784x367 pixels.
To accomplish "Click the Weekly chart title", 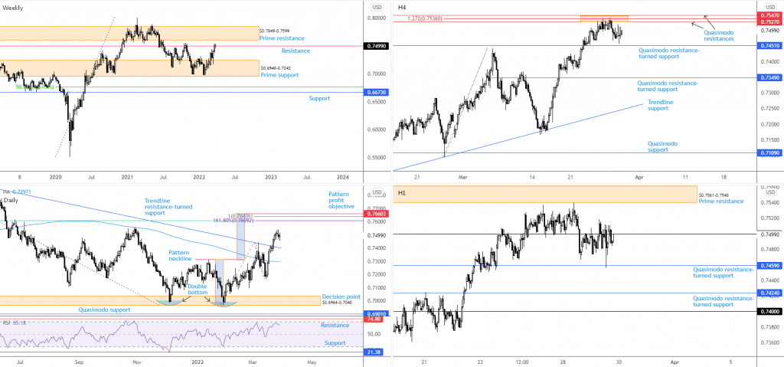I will pyautogui.click(x=13, y=8).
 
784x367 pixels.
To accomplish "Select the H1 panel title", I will pyautogui.click(x=402, y=193).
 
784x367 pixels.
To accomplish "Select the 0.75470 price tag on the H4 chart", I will pyautogui.click(x=768, y=15).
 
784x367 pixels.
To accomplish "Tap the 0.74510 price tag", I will pyautogui.click(x=768, y=46).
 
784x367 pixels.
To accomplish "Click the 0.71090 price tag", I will pyautogui.click(x=768, y=153).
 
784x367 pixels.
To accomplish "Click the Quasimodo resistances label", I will pyautogui.click(x=719, y=35).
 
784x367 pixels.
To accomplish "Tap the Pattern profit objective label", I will pyautogui.click(x=341, y=200).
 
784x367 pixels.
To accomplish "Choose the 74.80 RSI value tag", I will pyautogui.click(x=375, y=319).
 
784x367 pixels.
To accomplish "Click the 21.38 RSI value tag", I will pyautogui.click(x=375, y=352).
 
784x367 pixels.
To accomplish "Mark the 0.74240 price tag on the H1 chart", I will pyautogui.click(x=768, y=293).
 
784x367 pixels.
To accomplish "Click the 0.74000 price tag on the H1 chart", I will pyautogui.click(x=768, y=312).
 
